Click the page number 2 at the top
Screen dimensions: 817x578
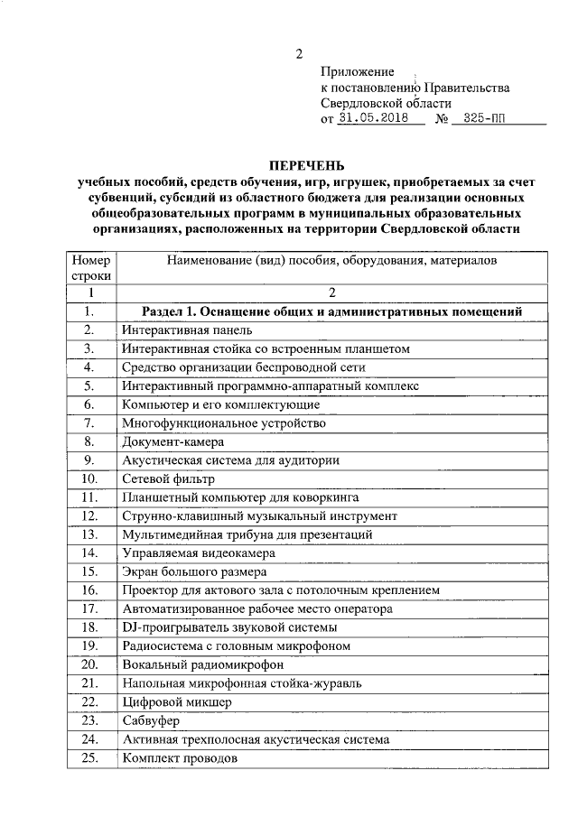click(x=299, y=53)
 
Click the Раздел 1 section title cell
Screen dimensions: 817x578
click(x=332, y=311)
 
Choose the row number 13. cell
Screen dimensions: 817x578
click(x=89, y=534)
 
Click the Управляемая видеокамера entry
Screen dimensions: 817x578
click(x=199, y=552)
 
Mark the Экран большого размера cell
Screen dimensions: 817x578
click(x=193, y=571)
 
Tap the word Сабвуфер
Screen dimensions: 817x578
click(x=151, y=720)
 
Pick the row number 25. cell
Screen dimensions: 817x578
click(x=89, y=758)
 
